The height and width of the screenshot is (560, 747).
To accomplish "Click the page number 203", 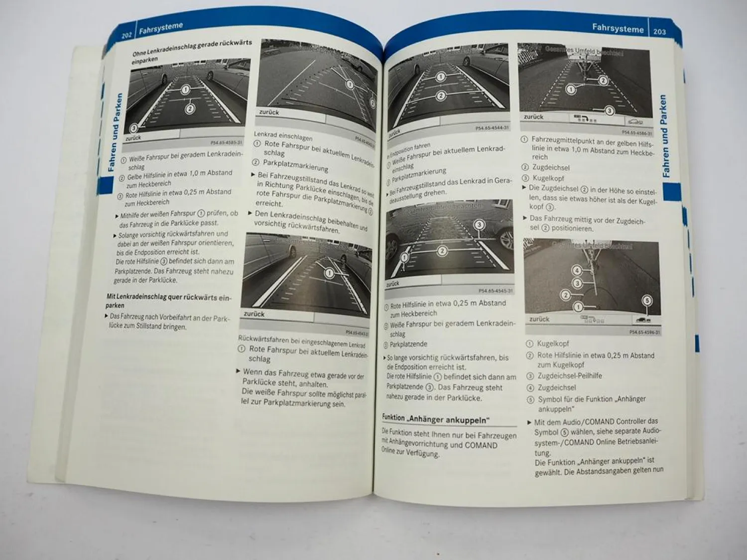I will click(x=659, y=31).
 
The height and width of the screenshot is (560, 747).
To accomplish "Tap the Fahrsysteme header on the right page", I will click(x=618, y=28).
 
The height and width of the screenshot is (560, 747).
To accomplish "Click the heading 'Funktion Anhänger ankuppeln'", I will click(x=436, y=419).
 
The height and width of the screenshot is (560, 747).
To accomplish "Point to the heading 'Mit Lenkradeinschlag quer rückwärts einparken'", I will click(x=168, y=300).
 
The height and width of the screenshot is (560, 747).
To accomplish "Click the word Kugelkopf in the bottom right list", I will click(x=553, y=343).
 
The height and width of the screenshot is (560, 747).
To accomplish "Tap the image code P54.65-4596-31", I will click(x=644, y=332).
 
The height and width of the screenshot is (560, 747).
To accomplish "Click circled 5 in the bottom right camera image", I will click(x=646, y=300).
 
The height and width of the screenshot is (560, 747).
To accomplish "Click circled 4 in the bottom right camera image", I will click(x=577, y=270).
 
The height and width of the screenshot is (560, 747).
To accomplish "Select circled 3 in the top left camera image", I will click(x=133, y=128).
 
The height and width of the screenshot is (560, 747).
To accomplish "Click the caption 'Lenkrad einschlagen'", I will click(x=283, y=136).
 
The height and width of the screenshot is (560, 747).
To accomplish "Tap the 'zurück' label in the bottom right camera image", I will click(x=539, y=319).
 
